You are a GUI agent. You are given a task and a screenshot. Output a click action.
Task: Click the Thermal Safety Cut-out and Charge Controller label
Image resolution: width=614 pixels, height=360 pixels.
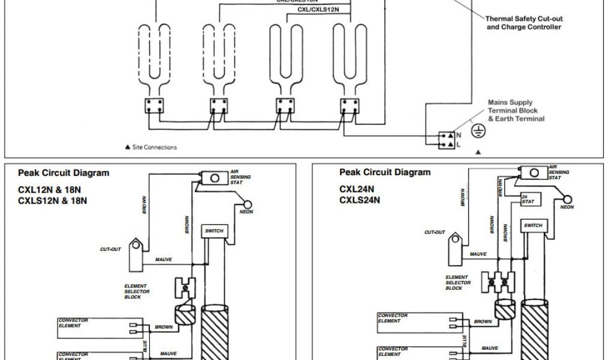click(523, 23)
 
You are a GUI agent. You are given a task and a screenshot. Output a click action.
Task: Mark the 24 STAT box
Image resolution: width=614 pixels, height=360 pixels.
click(528, 199)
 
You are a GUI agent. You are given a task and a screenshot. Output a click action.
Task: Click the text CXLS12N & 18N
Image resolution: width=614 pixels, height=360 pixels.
click(53, 200)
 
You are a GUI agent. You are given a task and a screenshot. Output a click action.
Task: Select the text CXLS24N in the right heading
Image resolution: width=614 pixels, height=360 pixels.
click(360, 200)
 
